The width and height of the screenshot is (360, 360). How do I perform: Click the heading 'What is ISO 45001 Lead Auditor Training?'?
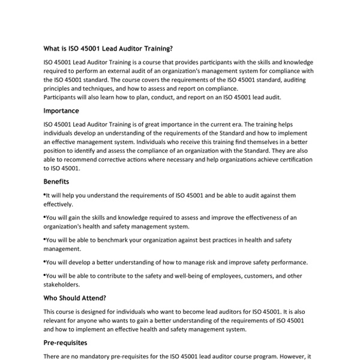coord(112,49)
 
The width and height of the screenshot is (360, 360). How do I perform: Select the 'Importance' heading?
coord(61,111)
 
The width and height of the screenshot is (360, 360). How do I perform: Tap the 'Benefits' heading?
coord(56,181)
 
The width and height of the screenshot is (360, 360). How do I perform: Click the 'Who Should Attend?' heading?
coord(74,298)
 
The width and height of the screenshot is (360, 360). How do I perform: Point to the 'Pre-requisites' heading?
coord(65,343)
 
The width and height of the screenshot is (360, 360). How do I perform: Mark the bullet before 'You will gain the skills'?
coord(45,217)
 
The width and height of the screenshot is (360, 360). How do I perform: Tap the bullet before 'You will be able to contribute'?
coord(45,275)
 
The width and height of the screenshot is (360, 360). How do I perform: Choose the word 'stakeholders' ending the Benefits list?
coord(62,285)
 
